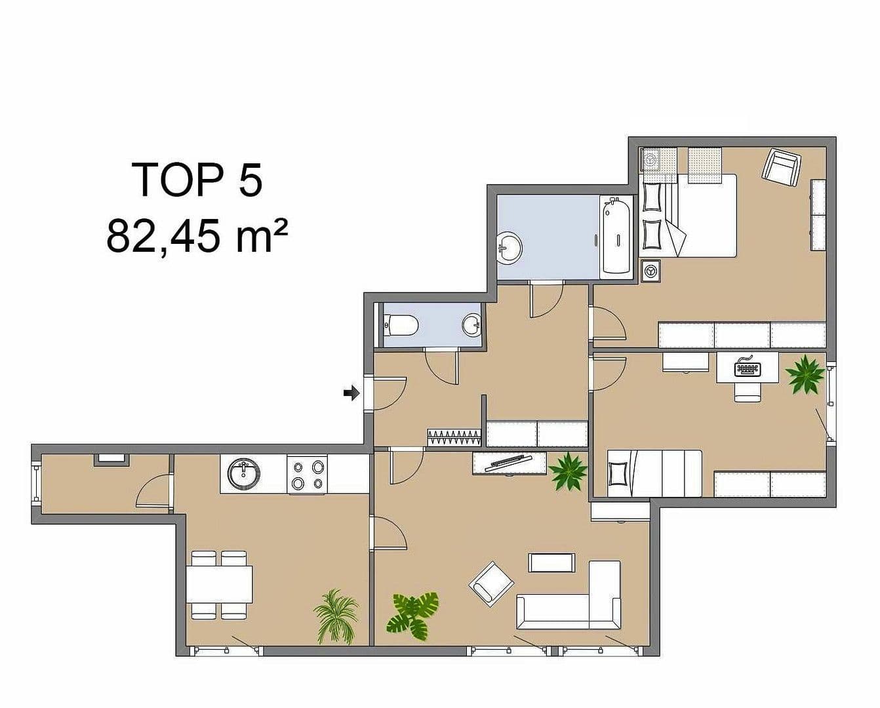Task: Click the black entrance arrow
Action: pyautogui.click(x=351, y=393)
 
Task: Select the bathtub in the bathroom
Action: pyautogui.click(x=616, y=236)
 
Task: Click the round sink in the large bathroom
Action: pyautogui.click(x=510, y=247)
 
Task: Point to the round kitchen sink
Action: pyautogui.click(x=244, y=473)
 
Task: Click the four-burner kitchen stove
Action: pyautogui.click(x=308, y=475)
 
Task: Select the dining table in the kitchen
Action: pyautogui.click(x=220, y=584)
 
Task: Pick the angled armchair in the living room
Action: pyautogui.click(x=491, y=583)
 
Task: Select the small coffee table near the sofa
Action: pyautogui.click(x=551, y=562)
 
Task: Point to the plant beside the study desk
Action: pyautogui.click(x=805, y=375)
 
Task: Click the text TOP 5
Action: pyautogui.click(x=197, y=180)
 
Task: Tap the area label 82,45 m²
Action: pyautogui.click(x=197, y=236)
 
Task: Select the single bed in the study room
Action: pyautogui.click(x=654, y=473)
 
